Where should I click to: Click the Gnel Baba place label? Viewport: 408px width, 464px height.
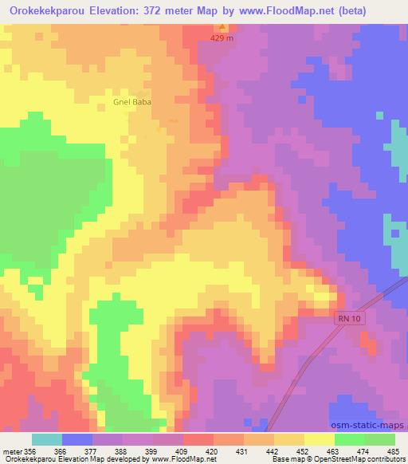(133, 102)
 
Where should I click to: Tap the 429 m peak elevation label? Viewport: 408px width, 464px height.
(223, 37)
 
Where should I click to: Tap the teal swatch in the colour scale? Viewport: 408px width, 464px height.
(47, 439)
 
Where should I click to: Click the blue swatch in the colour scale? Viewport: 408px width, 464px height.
(78, 439)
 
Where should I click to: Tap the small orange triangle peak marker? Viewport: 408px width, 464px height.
(223, 29)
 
